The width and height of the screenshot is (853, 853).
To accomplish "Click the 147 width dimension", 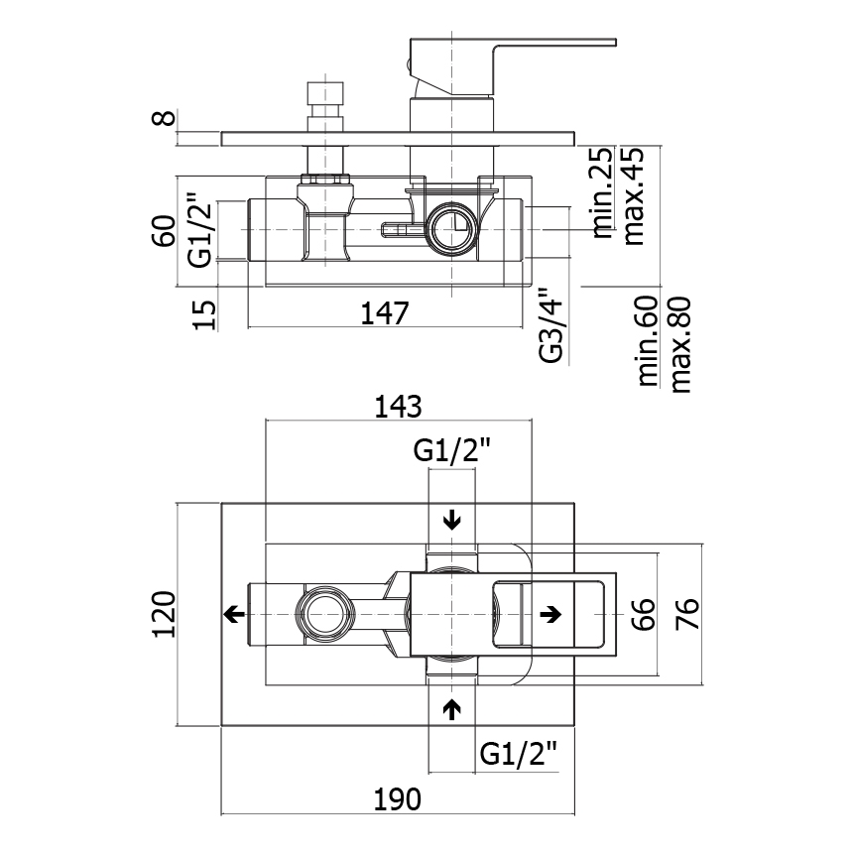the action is tap(385, 313).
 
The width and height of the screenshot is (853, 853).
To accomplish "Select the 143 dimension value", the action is tap(398, 407).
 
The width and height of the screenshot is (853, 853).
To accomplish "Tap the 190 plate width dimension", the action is tap(397, 799).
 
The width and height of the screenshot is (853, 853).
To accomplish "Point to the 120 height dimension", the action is tap(165, 614).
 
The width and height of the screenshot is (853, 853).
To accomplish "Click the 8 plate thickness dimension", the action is tap(166, 117).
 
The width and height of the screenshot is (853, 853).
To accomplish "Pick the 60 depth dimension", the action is tap(165, 231).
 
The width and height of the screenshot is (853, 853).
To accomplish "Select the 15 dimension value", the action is tap(204, 315).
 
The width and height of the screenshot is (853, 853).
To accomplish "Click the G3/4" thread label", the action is tap(551, 326).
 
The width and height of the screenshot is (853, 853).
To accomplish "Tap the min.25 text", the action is tap(602, 193).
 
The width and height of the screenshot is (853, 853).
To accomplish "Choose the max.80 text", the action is tap(680, 344).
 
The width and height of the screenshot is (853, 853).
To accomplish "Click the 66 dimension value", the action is tap(645, 615).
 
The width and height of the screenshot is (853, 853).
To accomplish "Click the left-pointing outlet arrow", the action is tap(234, 615).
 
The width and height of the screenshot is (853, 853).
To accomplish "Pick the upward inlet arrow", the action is tap(452, 709).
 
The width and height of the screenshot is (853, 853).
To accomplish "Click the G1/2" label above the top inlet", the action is tap(452, 450).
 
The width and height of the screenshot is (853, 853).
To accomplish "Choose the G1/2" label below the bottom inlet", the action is tap(519, 754).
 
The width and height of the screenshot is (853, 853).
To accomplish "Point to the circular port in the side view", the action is tap(453, 228).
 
